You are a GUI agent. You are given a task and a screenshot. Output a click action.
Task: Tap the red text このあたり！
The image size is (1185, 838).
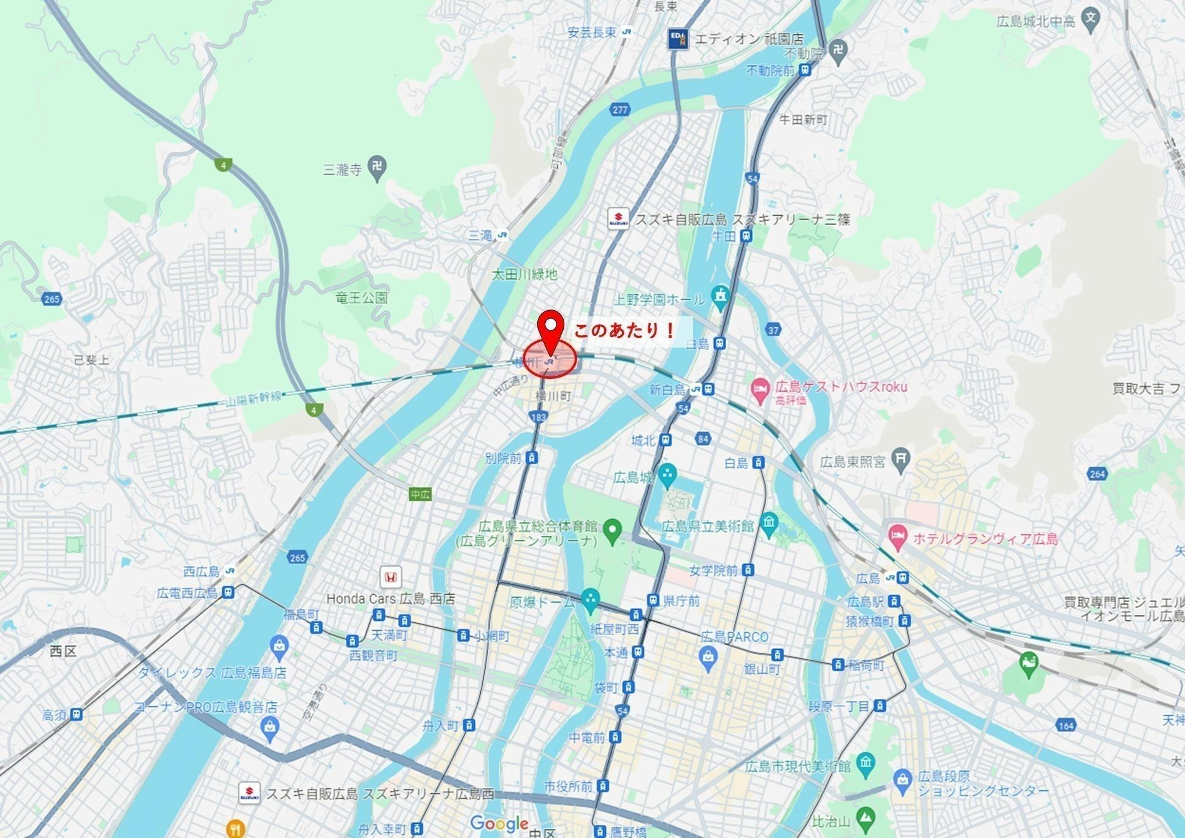(x=624, y=332)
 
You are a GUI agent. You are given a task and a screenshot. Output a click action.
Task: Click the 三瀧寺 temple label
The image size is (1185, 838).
(x=343, y=169)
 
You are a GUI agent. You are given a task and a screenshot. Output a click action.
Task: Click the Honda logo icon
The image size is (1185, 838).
(x=391, y=577)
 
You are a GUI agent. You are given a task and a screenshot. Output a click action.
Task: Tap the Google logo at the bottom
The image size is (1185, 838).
(x=499, y=823)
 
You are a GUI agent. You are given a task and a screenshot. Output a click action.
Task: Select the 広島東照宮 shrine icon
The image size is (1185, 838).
(x=901, y=458)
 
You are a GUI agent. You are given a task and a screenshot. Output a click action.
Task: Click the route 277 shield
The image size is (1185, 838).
(x=620, y=110)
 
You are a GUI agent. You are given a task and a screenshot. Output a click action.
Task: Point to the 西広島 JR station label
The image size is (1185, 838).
(x=202, y=571)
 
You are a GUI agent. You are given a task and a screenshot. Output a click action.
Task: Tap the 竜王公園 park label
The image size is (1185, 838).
(x=362, y=298)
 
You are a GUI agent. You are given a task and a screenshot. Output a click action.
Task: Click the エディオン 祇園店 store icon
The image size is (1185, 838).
(x=678, y=39)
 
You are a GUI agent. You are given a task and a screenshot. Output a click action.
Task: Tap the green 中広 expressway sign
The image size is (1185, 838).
(x=420, y=494)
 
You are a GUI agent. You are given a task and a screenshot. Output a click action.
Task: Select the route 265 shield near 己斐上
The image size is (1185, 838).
(x=52, y=299)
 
